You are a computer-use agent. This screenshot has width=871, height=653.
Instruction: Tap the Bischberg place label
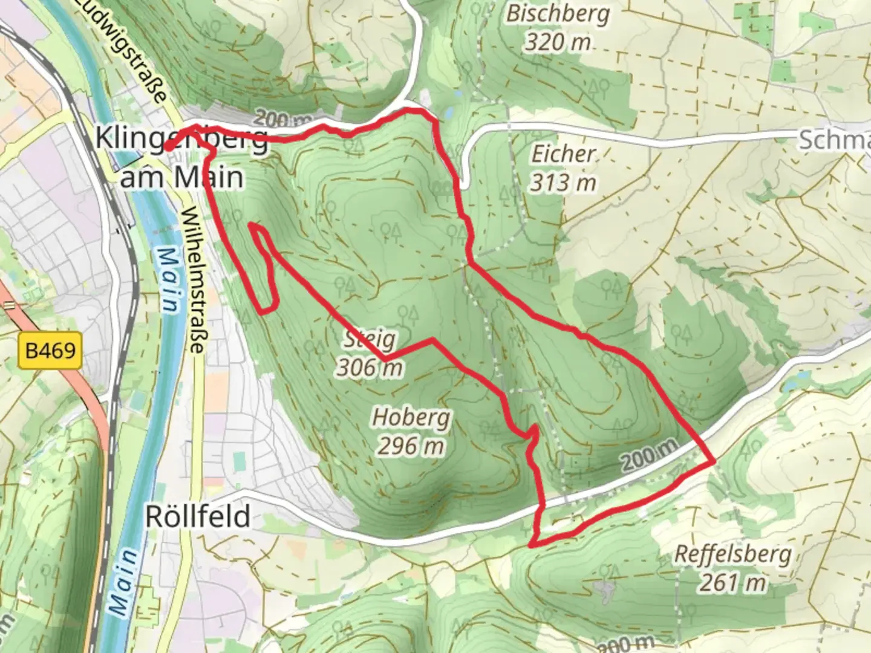click(x=558, y=14)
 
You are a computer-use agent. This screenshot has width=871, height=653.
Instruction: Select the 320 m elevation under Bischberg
click(x=557, y=42)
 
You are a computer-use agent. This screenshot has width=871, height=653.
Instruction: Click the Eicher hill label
click(x=563, y=154)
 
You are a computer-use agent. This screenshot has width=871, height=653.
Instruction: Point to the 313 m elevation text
click(x=563, y=182)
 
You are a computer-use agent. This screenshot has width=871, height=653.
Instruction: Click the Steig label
click(x=370, y=339)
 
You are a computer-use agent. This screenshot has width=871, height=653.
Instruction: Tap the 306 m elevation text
click(x=370, y=367)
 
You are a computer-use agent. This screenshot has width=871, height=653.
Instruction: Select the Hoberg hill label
click(x=411, y=417)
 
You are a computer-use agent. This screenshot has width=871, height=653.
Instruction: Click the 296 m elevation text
click(x=411, y=446)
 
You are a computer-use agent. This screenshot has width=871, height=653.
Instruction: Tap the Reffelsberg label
click(x=732, y=554)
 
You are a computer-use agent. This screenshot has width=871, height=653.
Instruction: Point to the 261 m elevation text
click(x=732, y=582)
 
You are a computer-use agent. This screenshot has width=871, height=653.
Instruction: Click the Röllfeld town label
click(x=198, y=517)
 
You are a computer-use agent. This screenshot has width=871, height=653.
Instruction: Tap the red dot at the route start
click(x=170, y=146)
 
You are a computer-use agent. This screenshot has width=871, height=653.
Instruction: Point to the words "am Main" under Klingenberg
click(x=182, y=177)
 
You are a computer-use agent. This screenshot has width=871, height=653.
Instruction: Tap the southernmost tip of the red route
click(x=530, y=546)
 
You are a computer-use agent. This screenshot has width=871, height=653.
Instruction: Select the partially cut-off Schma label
click(x=835, y=140)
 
